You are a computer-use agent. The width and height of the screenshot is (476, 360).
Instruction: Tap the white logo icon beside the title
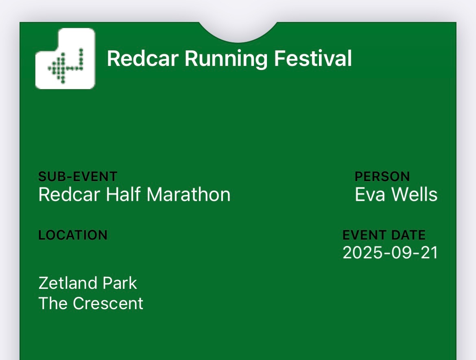point(65,58)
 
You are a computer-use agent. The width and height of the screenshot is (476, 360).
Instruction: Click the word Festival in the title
point(313,58)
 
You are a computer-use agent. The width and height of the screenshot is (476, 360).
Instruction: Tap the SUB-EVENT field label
point(78,177)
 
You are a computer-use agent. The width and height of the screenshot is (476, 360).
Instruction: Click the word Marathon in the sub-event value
point(188,194)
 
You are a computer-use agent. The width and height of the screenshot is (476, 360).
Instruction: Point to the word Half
point(123,194)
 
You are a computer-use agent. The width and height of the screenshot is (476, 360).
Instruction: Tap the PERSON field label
point(382,177)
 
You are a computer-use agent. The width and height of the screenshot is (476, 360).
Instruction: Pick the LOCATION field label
point(73,235)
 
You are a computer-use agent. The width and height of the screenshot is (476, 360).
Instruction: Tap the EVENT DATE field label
point(384,235)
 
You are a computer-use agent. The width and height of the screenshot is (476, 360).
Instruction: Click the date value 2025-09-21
point(390,253)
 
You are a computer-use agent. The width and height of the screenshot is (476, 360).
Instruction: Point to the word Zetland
point(68,283)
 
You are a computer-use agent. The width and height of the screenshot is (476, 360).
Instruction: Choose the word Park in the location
point(120,283)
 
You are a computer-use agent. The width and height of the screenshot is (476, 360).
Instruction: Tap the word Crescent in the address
point(108,303)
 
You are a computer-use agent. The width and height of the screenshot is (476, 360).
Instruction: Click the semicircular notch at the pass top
point(238,32)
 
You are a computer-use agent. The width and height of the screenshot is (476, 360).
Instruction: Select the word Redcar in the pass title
point(143,58)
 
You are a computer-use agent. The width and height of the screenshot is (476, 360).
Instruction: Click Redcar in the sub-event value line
point(69,194)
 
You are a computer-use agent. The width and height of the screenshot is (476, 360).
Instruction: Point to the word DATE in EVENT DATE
point(408,235)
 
